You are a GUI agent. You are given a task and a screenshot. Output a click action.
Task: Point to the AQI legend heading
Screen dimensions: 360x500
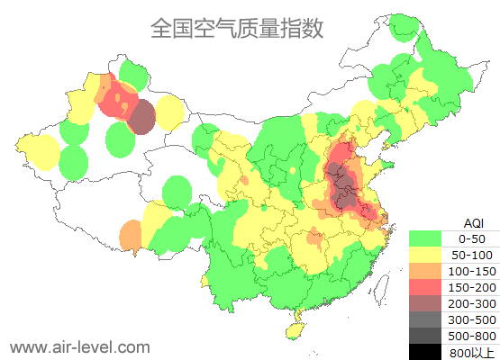(x=472, y=222)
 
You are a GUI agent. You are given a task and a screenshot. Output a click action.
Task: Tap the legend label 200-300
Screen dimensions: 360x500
(x=472, y=303)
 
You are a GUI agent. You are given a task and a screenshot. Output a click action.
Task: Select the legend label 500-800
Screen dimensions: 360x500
(x=472, y=336)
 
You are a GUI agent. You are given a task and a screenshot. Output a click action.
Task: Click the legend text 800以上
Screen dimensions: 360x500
(x=472, y=352)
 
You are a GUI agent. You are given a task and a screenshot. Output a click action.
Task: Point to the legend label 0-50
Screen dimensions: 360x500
(x=472, y=238)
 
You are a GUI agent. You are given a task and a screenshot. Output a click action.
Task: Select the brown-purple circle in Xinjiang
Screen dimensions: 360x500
(x=142, y=117)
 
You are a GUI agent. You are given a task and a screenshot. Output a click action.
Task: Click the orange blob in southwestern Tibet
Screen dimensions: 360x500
(x=131, y=236)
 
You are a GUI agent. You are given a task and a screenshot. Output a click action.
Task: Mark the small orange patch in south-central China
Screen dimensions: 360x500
(x=314, y=238)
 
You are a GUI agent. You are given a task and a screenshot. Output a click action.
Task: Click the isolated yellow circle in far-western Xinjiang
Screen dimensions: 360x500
(x=40, y=150)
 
